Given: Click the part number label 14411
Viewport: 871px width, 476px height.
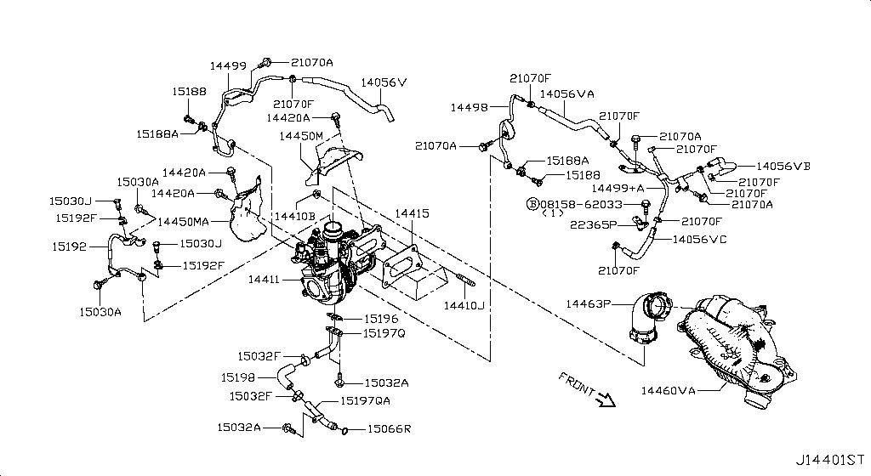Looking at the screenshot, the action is pyautogui.click(x=264, y=280).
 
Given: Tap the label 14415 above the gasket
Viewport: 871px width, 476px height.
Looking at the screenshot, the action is pyautogui.click(x=413, y=213).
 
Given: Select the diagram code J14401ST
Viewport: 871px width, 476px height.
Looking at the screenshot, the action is pyautogui.click(x=830, y=460).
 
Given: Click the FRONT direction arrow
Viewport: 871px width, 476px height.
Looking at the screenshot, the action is pyautogui.click(x=605, y=399).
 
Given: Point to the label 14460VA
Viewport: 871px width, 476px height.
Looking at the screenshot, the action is pyautogui.click(x=669, y=390).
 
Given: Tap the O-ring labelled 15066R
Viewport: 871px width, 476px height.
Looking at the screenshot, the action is pyautogui.click(x=344, y=430).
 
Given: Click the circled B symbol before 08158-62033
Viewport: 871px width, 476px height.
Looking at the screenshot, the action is pyautogui.click(x=532, y=204).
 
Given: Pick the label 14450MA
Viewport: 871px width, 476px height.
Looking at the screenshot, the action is pyautogui.click(x=184, y=222).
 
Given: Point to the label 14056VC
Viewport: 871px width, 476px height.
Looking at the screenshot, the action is pyautogui.click(x=699, y=240).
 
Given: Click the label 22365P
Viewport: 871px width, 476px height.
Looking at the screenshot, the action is pyautogui.click(x=593, y=224).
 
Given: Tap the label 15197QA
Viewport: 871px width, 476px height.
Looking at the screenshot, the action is pyautogui.click(x=365, y=400).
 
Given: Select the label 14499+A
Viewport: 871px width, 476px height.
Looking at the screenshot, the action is pyautogui.click(x=618, y=188).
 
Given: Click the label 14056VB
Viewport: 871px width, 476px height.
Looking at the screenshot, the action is pyautogui.click(x=783, y=166).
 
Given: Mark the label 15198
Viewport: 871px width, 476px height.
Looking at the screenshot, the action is pyautogui.click(x=238, y=377).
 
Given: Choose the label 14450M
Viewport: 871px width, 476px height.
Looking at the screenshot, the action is pyautogui.click(x=300, y=136).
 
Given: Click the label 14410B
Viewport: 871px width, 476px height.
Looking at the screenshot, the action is pyautogui.click(x=294, y=216).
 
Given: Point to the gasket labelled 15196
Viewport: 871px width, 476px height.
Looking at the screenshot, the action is pyautogui.click(x=334, y=317).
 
